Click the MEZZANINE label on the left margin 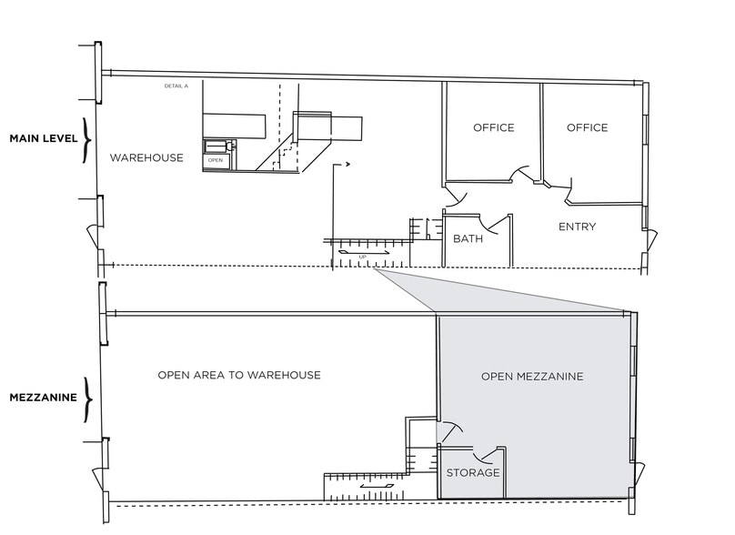(41, 398)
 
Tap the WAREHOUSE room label (146, 158)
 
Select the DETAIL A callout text (176, 86)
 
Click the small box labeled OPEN (216, 160)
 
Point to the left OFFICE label (493, 127)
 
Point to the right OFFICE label (587, 127)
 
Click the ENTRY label (577, 227)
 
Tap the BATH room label (468, 239)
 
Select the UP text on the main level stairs (363, 257)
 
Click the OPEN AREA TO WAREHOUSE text (238, 375)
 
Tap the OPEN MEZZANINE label (531, 376)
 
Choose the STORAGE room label (472, 473)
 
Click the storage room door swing (492, 453)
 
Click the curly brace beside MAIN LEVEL (87, 139)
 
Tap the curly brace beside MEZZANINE (87, 398)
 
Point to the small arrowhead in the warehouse (347, 166)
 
